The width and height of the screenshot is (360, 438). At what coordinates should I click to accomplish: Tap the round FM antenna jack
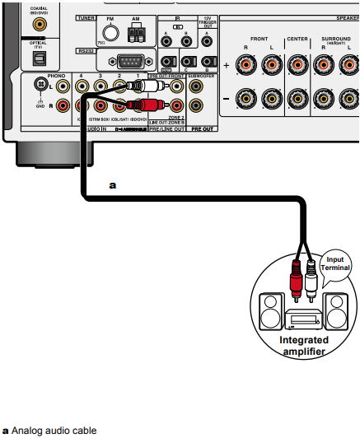[x=107, y=33]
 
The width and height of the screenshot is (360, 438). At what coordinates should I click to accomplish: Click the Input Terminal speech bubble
[x=336, y=261]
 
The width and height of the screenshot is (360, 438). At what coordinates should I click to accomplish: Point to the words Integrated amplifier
[x=303, y=346]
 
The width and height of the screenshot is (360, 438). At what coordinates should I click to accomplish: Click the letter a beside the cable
[x=113, y=186]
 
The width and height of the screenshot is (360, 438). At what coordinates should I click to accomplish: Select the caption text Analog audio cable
[x=54, y=430]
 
